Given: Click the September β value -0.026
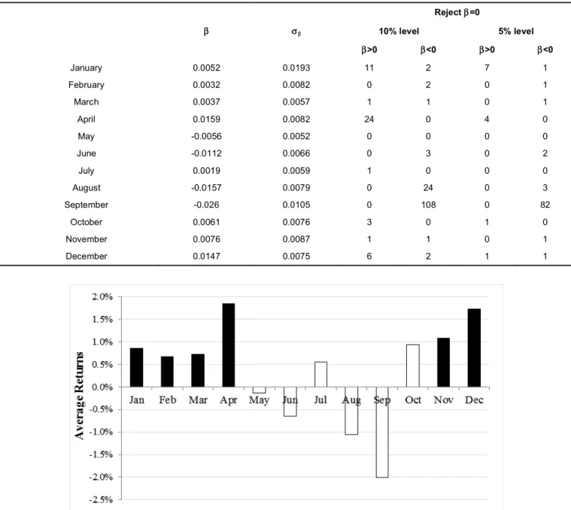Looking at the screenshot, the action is pyautogui.click(x=206, y=205).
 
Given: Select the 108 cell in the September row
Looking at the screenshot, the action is pyautogui.click(x=428, y=205).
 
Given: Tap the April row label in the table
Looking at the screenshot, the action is pyautogui.click(x=87, y=120).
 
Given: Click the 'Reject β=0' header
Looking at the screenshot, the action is pyautogui.click(x=457, y=12).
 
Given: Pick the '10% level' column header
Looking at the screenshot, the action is pyautogui.click(x=399, y=32).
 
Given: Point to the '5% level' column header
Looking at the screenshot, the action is pyautogui.click(x=516, y=32).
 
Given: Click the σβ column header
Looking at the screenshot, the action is pyautogui.click(x=296, y=32).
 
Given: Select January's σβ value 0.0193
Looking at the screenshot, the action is pyautogui.click(x=296, y=68).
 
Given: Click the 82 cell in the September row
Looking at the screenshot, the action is pyautogui.click(x=545, y=205).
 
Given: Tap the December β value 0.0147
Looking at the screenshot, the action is pyautogui.click(x=206, y=257).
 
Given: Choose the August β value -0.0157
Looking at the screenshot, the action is pyautogui.click(x=206, y=188).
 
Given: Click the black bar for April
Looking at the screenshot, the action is pyautogui.click(x=229, y=345).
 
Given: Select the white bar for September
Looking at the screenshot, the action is pyautogui.click(x=382, y=432).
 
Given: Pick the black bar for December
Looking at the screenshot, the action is pyautogui.click(x=474, y=348).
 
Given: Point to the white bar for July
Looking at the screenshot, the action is pyautogui.click(x=320, y=374).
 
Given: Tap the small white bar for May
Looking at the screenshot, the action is pyautogui.click(x=260, y=390).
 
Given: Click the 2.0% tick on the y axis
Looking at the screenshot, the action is pyautogui.click(x=102, y=297).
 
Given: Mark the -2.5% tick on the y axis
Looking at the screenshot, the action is pyautogui.click(x=101, y=499).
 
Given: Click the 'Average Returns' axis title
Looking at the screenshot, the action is pyautogui.click(x=79, y=396).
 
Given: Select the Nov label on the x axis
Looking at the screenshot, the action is pyautogui.click(x=444, y=400).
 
